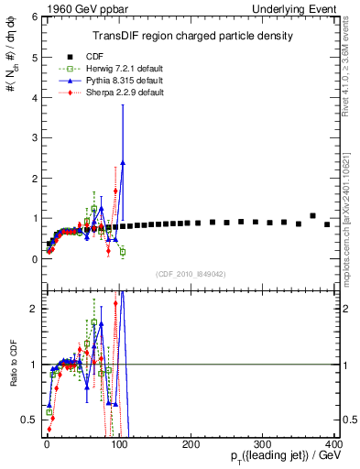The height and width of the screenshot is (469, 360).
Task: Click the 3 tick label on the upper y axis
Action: (33, 138)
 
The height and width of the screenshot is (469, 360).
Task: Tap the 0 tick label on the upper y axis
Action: (33, 259)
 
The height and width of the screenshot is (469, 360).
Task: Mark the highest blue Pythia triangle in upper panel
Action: (123, 162)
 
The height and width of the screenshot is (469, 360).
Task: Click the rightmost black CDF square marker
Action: (327, 224)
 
